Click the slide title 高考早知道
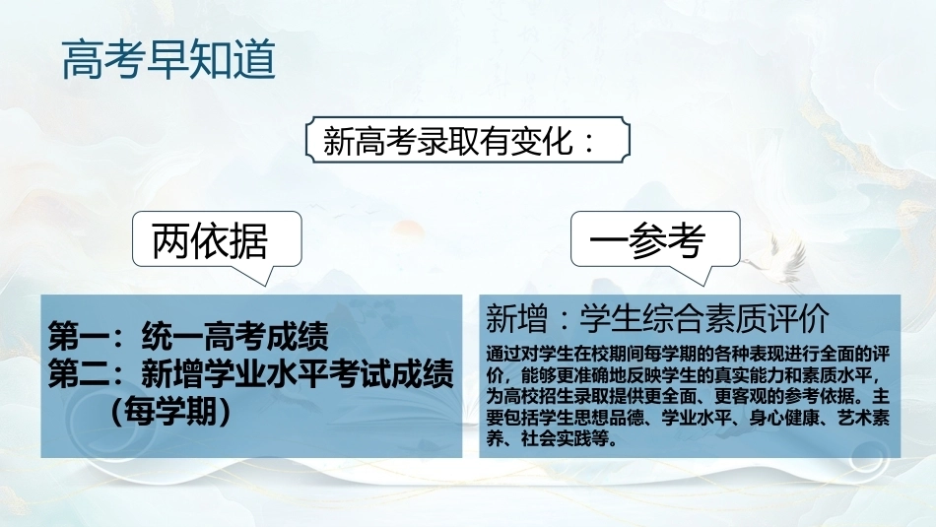(x=168, y=59)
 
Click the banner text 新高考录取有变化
(x=448, y=142)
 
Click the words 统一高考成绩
(x=235, y=336)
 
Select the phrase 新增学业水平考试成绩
(x=298, y=373)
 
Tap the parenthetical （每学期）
(x=170, y=411)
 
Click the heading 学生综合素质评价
(x=704, y=318)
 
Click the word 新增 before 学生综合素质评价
(x=516, y=318)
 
